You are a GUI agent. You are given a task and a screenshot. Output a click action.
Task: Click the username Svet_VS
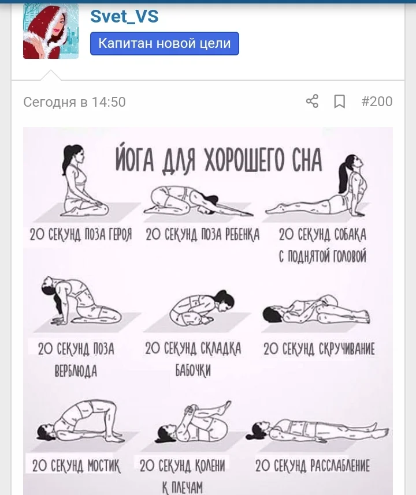[x=124, y=16]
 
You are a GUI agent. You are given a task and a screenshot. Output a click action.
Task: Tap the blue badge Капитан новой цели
[x=164, y=44]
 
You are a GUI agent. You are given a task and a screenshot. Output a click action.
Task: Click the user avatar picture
[x=51, y=31]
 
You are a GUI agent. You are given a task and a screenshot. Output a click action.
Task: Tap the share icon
[x=312, y=102]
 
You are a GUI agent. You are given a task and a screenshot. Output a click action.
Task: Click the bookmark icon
[x=340, y=102]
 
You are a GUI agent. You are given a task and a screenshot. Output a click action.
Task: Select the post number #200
[x=377, y=102]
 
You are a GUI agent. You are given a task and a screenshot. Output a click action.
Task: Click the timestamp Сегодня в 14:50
[x=75, y=102]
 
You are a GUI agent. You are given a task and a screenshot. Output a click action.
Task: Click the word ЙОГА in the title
[x=135, y=159]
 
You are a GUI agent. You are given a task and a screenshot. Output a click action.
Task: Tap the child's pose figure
[x=198, y=201]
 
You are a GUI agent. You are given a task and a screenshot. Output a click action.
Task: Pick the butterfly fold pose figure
[x=202, y=307]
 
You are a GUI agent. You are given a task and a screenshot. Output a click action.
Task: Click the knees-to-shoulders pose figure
[x=193, y=422]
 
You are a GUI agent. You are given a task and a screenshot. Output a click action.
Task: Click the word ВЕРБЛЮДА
[x=76, y=371]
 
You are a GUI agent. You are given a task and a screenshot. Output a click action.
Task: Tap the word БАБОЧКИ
[x=193, y=370]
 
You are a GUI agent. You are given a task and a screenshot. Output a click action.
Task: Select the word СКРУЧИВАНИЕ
[x=347, y=349]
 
